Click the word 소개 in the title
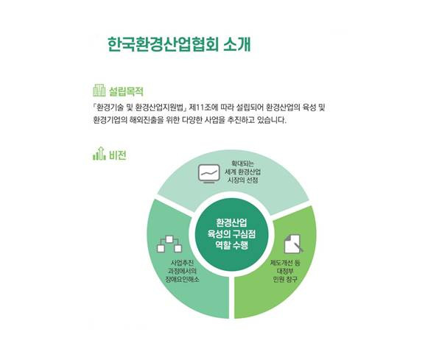coord(235,42)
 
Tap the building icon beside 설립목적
coord(99,91)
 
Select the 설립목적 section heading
coord(125,91)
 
